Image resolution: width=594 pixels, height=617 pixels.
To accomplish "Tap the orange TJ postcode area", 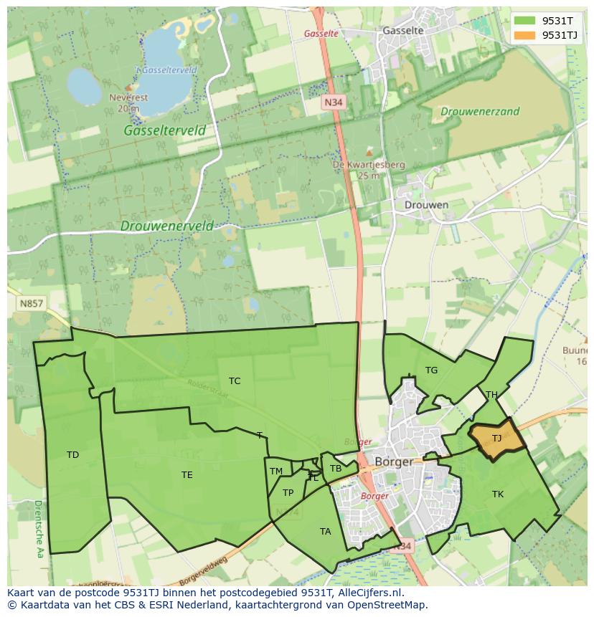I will coord(496,439).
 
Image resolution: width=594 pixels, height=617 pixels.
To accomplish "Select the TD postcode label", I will coord(72,455).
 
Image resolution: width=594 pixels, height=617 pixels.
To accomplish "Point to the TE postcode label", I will coord(187,475).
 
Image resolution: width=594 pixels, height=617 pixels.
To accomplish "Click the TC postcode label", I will coord(235,381).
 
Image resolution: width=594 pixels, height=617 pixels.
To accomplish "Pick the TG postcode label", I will coord(431,370).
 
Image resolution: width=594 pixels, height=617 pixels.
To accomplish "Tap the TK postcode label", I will coord(497,494).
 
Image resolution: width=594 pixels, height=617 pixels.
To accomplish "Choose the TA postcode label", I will coord(325,532).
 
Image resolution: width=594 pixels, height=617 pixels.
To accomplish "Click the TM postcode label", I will coord(276,472).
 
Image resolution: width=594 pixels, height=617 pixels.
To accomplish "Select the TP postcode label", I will coord(288,493).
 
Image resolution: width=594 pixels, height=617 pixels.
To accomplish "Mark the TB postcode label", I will coord(335,469).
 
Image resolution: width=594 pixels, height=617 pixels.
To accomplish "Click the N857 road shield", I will coord(30,304).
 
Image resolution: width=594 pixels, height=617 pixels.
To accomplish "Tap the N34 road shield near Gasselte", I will coord(333,103).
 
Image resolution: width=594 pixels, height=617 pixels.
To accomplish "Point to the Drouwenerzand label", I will coord(480,112).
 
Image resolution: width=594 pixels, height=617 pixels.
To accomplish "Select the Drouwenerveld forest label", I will coord(166,226).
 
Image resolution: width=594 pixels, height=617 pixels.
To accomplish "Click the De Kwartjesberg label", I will coord(369,165).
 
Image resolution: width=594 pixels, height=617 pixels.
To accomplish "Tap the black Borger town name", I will coord(395,461).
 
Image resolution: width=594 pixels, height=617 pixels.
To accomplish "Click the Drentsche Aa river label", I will coord(37,529).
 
